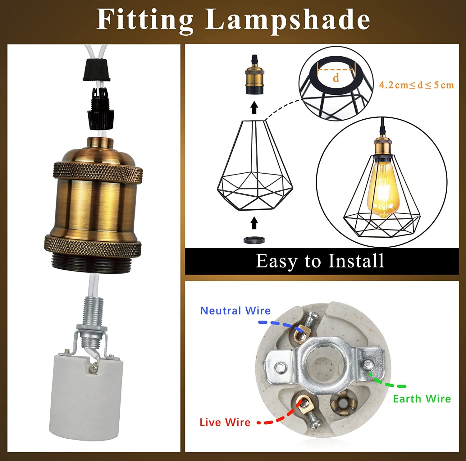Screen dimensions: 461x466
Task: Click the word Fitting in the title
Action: (145, 19)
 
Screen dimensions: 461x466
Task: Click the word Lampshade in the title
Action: (287, 19)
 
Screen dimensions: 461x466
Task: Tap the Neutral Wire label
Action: (235, 311)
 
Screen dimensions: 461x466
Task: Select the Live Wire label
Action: (225, 422)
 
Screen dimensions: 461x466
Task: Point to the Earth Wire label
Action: (422, 399)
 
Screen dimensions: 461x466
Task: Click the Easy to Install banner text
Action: (320, 261)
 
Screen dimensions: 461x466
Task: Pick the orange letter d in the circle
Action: (336, 78)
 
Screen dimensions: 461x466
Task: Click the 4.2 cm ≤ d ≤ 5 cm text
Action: (416, 85)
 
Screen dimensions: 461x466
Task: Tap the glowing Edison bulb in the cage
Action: (381, 189)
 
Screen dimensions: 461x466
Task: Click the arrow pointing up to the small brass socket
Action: (254, 107)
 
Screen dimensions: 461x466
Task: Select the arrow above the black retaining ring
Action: (254, 223)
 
